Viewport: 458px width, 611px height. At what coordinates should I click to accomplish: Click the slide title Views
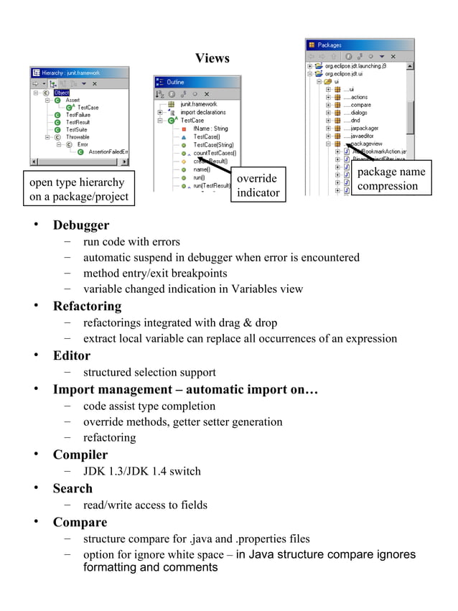coord(212,58)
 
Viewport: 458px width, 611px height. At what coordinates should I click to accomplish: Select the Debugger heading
coord(81,225)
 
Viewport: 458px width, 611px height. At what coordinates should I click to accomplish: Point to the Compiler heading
coord(80,455)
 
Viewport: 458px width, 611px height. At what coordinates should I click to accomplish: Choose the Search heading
coord(73,489)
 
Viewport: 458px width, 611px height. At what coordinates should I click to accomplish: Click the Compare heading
coord(80,523)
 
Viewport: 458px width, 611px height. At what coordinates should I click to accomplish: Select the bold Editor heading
coord(72,355)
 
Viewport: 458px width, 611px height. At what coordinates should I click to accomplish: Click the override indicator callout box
coord(258,185)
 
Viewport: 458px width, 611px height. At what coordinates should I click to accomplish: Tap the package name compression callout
coord(391,179)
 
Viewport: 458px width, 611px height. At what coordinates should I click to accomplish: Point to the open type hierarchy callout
coord(78,190)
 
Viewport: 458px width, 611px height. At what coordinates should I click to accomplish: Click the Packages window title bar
coord(359,45)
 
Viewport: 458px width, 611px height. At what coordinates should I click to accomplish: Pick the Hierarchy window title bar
coord(79,73)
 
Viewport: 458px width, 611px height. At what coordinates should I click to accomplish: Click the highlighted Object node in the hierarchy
coord(62,93)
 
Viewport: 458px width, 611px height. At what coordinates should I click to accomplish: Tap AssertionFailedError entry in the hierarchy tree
coord(108,151)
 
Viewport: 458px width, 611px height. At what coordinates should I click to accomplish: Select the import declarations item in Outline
coord(204,113)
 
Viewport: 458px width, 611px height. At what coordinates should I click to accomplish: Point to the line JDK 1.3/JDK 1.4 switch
coord(141,472)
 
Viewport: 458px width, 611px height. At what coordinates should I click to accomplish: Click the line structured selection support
coord(149,373)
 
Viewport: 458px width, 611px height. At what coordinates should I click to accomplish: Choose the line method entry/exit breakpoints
coord(154,274)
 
